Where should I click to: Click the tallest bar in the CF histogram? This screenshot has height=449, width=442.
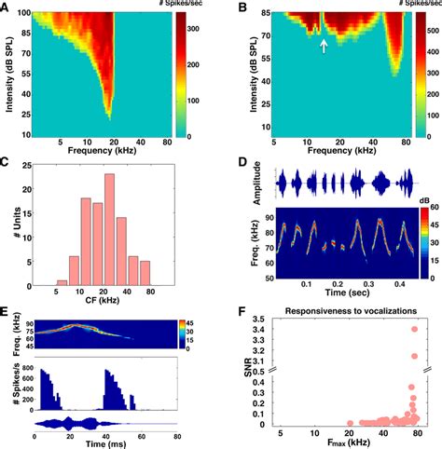pos(109,228)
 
